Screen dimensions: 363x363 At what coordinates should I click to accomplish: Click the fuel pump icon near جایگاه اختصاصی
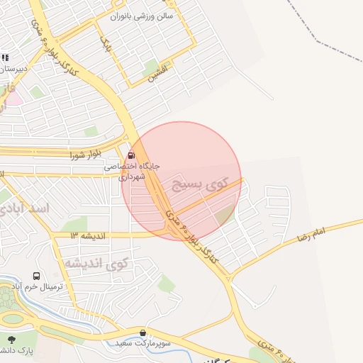[x=130, y=155]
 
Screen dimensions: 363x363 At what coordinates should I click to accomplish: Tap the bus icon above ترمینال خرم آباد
[x=36, y=276]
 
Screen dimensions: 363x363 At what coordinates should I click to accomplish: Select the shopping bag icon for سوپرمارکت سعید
[x=144, y=333]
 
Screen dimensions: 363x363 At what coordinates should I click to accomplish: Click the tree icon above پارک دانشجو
[x=11, y=338]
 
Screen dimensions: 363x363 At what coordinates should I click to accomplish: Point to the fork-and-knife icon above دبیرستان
[x=5, y=57]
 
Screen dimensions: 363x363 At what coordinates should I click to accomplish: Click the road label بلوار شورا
[x=86, y=154]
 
